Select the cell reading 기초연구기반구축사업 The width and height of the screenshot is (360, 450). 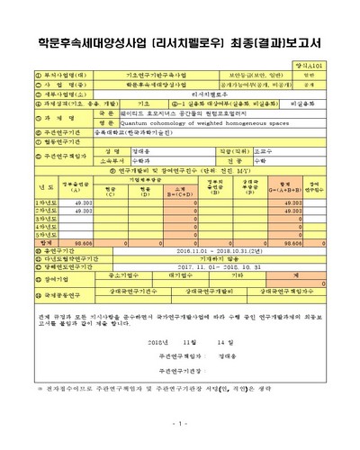coord(151,75)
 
